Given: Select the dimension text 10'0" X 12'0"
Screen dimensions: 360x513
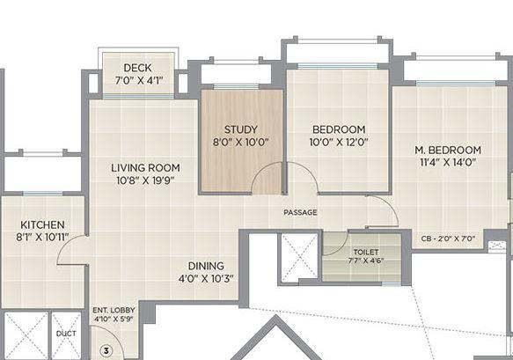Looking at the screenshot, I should point(338,141).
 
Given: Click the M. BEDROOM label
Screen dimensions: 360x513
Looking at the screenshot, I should point(449,150).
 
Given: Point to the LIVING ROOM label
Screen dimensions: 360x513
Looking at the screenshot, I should point(145,167).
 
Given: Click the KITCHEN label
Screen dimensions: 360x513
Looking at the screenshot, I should point(42,224).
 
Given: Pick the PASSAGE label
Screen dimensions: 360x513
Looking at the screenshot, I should point(300,213).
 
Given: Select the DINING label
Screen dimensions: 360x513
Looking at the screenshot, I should point(206,266).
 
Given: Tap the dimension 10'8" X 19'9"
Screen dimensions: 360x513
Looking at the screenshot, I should point(145,181).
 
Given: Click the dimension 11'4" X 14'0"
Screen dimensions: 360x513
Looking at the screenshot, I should point(449,164).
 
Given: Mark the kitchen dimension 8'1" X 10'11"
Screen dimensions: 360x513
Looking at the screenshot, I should point(42,237).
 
